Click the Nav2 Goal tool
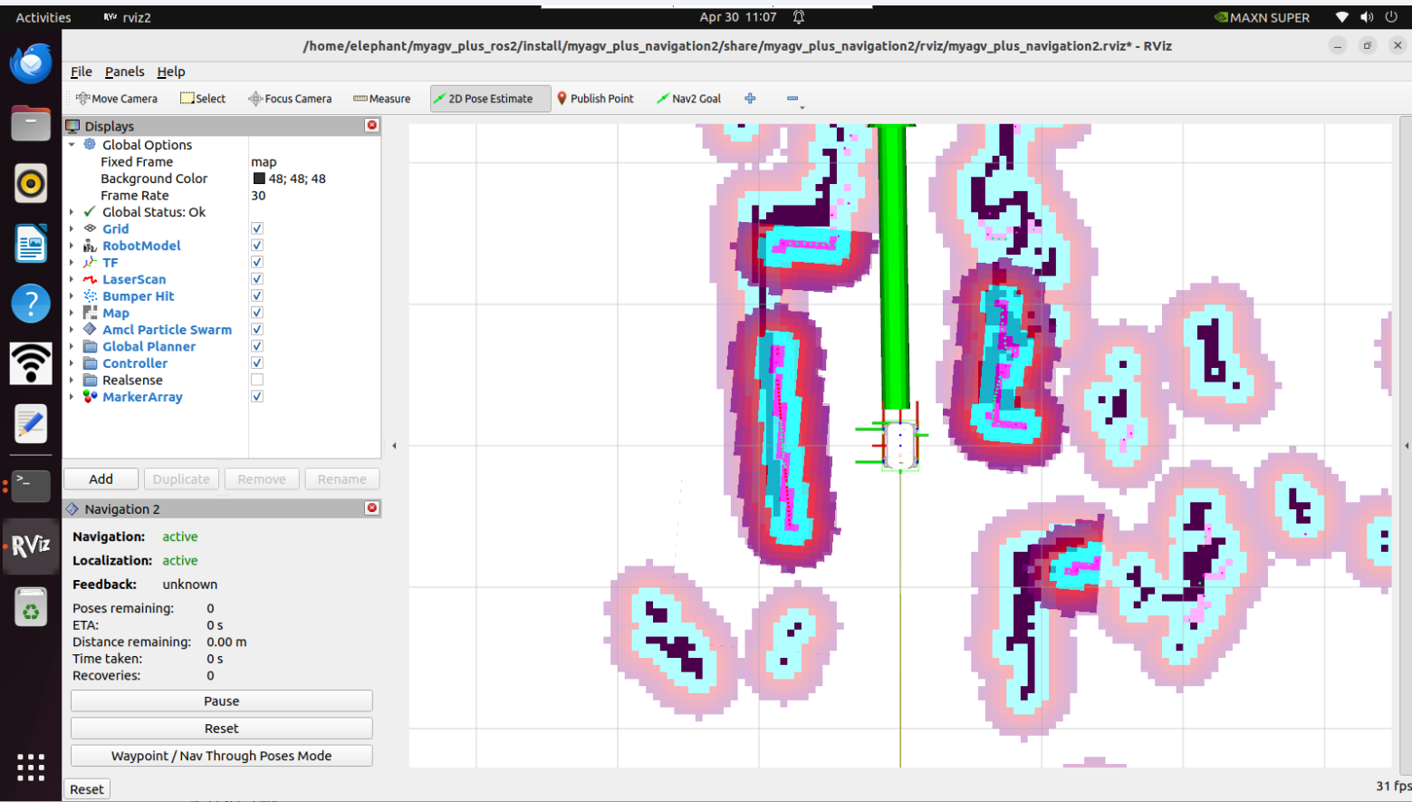(688, 99)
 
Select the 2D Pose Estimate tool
(484, 99)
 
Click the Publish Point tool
(595, 99)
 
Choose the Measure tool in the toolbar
(382, 99)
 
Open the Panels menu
(124, 72)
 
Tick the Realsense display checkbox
(256, 380)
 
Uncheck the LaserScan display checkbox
(256, 279)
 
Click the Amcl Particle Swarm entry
(167, 329)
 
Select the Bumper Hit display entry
(138, 295)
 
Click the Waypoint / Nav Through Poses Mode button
(221, 756)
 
